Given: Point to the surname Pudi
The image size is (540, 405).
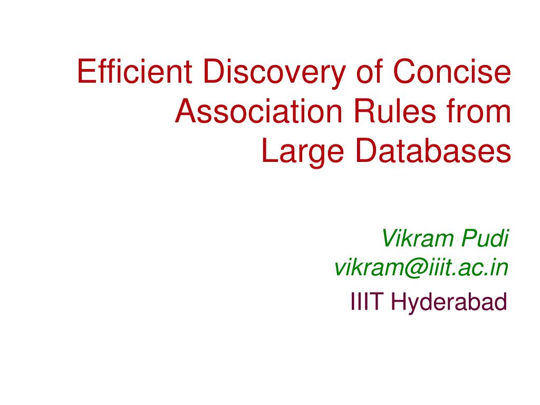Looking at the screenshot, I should click(x=485, y=239).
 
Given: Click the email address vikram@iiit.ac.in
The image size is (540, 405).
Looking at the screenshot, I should click(x=421, y=268).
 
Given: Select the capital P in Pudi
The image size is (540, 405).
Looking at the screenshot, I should click(x=469, y=239).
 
